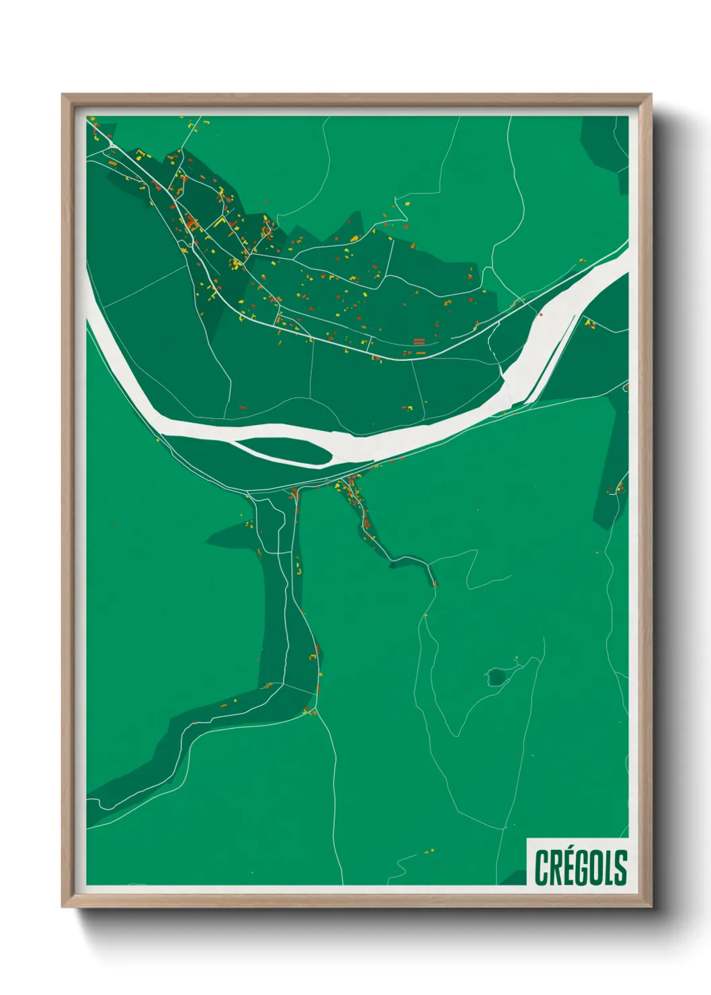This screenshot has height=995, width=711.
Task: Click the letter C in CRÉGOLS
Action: click(x=542, y=868)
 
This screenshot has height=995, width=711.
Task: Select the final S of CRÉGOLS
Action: click(x=621, y=868)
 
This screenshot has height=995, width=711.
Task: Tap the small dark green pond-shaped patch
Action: click(x=497, y=676)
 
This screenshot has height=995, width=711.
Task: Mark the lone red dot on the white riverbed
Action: click(x=541, y=313)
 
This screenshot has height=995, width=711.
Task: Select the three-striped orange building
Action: click(x=419, y=342)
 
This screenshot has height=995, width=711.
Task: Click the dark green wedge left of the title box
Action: click(x=516, y=877)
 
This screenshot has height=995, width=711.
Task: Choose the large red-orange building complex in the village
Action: click(x=191, y=223)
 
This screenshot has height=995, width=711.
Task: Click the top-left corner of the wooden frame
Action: click(x=62, y=95)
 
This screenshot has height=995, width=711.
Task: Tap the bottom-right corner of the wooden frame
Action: click(x=651, y=907)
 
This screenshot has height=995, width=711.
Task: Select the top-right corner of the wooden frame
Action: click(x=651, y=95)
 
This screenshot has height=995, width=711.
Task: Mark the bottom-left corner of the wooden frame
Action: click(x=62, y=907)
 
